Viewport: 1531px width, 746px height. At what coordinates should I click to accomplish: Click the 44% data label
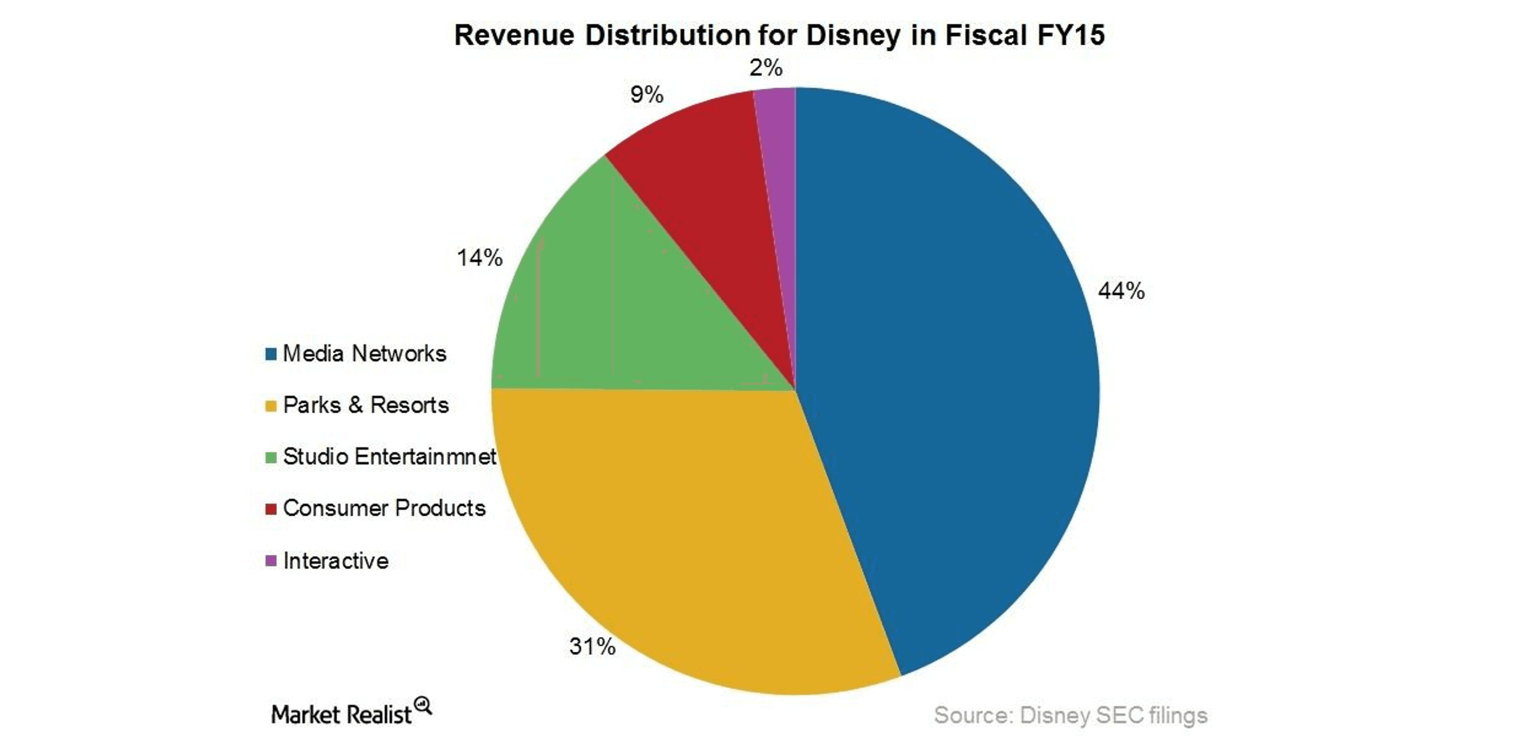[x=1121, y=291]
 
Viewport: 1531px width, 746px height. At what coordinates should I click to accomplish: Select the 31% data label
[x=592, y=646]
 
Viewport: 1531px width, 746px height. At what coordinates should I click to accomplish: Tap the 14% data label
[x=479, y=258]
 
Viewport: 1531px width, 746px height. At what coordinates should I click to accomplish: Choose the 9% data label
[x=647, y=94]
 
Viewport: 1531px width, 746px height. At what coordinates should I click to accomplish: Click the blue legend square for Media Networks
[x=271, y=354]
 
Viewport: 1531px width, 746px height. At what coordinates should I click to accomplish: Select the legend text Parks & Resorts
[x=366, y=405]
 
